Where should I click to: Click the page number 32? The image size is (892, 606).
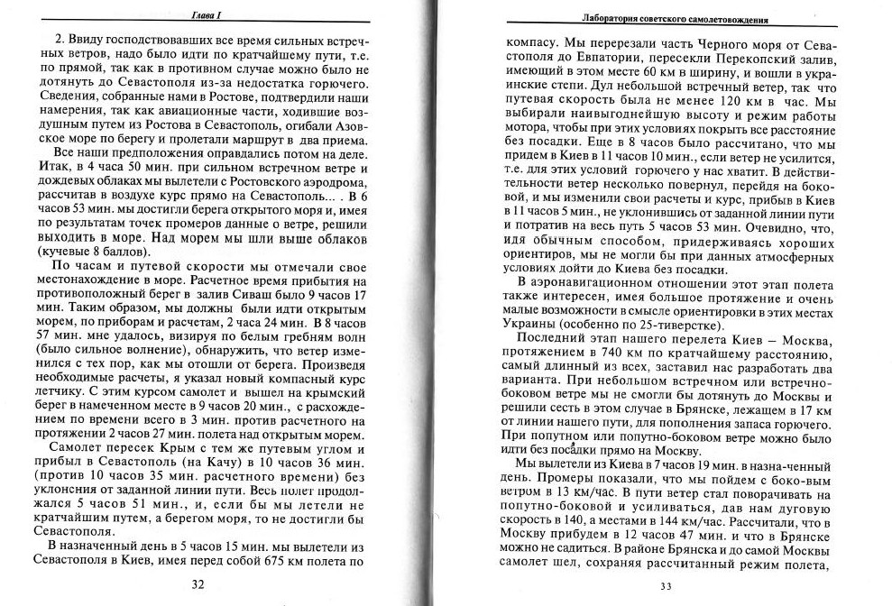198,583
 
